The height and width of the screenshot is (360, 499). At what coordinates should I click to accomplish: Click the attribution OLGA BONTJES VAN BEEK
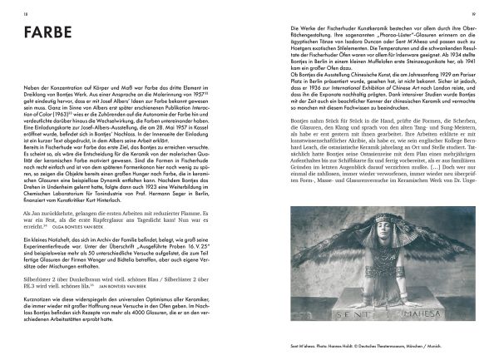pos(92,223)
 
